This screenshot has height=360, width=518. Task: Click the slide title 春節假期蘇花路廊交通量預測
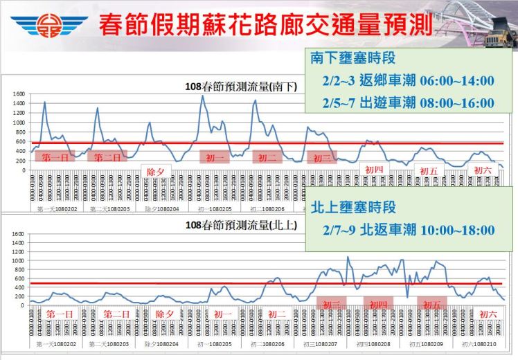click(266, 25)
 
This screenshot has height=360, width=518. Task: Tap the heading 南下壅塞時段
click(352, 58)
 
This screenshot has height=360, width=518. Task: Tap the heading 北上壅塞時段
click(352, 207)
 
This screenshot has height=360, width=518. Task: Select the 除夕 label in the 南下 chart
click(155, 170)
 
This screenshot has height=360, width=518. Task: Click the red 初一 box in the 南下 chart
click(215, 157)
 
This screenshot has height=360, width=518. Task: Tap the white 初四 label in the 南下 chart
click(374, 169)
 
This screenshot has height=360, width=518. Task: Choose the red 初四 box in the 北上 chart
click(378, 304)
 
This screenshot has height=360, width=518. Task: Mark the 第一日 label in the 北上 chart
click(60, 314)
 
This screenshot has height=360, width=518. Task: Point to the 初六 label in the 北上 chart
click(488, 314)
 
